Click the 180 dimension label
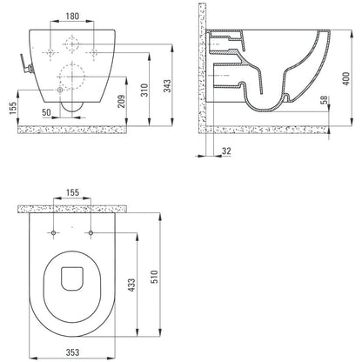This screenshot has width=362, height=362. (x=72, y=16)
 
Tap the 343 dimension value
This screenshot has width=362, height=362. (x=167, y=86)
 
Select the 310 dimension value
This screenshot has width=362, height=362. (x=144, y=90)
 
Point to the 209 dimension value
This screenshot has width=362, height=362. (x=121, y=101)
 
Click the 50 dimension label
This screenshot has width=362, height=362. (x=46, y=112)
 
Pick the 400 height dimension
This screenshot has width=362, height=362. (x=346, y=78)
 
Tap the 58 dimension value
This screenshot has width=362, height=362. (x=325, y=100)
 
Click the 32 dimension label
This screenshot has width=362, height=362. (x=226, y=151)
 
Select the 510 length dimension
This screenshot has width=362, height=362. (x=155, y=277)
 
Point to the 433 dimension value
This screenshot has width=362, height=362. (x=131, y=285)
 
